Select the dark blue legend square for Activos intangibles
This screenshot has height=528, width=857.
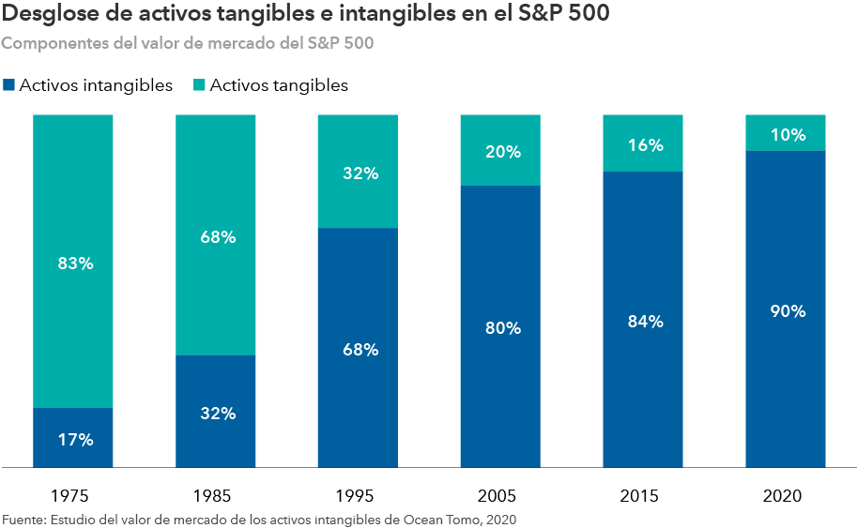9,85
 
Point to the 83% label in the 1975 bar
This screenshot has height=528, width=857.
74,264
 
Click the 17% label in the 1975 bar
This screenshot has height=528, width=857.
74,438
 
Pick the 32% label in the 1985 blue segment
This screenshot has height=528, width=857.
217,413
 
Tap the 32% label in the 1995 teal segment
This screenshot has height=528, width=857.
360,173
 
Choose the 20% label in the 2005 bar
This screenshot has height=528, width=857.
502,152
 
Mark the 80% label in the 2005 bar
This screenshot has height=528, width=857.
502,328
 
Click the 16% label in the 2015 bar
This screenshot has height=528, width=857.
645,145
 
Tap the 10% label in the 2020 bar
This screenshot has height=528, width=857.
787,134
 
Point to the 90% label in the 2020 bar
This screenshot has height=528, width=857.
787,311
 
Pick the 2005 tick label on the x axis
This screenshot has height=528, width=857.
501,494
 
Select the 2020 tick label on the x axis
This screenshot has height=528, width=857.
786,494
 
